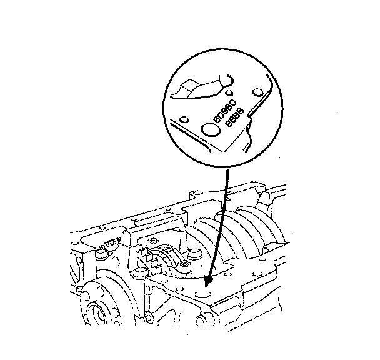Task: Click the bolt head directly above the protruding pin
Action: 186,269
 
